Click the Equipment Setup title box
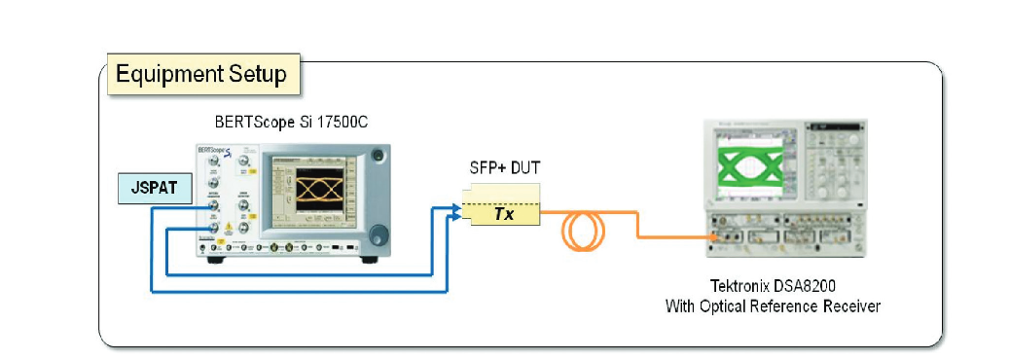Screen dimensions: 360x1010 [x=201, y=75]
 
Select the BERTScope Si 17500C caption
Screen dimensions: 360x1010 [x=290, y=124]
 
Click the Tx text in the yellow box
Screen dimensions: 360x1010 [x=504, y=213]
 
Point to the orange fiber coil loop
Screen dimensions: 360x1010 [x=583, y=229]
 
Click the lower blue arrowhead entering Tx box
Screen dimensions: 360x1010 [x=456, y=219]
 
